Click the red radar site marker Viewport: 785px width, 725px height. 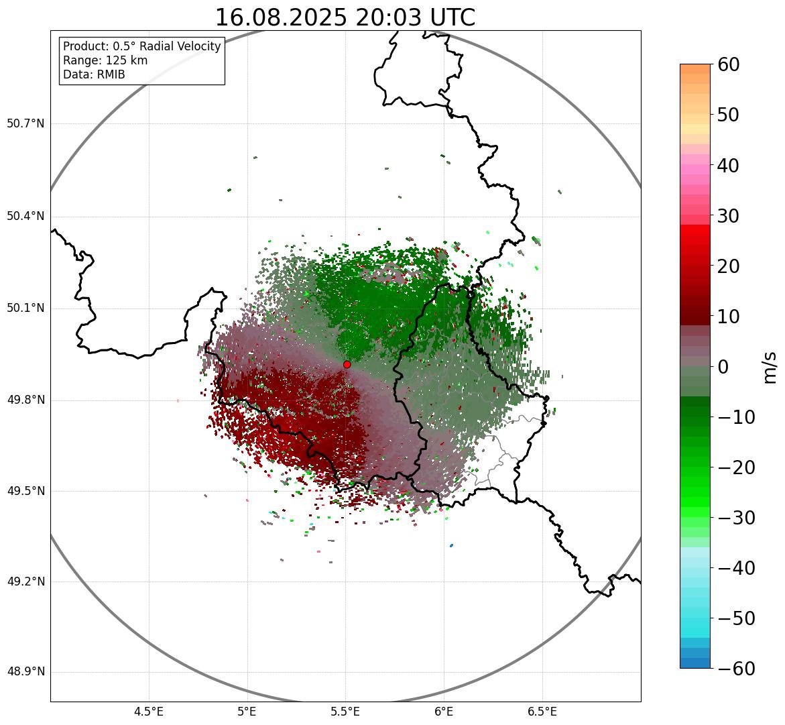click(347, 364)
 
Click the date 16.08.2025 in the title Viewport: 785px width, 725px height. click(281, 17)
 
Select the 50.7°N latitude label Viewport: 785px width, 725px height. click(25, 124)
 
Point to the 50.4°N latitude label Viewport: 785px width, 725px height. click(25, 216)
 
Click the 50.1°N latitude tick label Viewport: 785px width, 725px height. click(25, 309)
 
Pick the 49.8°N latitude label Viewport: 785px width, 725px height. click(25, 400)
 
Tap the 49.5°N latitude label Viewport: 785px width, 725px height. click(25, 492)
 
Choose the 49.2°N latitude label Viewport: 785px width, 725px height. click(25, 581)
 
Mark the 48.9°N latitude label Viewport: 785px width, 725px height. click(25, 672)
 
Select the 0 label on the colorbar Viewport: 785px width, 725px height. click(724, 367)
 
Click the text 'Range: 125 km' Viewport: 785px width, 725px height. click(105, 60)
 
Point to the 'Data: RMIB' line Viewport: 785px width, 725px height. click(94, 74)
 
